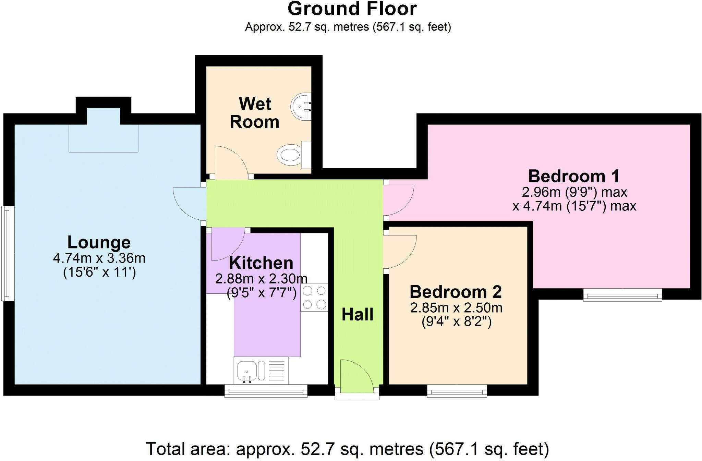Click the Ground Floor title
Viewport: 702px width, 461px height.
352,9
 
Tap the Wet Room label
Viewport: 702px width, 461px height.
255,113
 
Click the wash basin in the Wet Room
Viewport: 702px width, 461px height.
301,106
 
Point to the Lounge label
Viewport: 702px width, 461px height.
99,242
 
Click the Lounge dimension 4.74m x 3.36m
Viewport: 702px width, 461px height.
99,258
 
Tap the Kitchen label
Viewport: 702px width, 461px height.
261,263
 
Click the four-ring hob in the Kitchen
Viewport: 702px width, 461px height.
314,298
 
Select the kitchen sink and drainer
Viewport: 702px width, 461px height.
261,371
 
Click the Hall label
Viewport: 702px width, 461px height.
358,314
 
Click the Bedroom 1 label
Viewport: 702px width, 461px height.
574,176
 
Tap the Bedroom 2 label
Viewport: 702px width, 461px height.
456,292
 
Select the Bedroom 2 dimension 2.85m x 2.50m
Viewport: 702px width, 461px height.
456,308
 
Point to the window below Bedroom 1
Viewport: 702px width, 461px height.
622,294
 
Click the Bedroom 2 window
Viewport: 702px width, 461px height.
457,391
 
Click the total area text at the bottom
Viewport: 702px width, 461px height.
347,449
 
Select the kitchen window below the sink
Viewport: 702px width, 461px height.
266,391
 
